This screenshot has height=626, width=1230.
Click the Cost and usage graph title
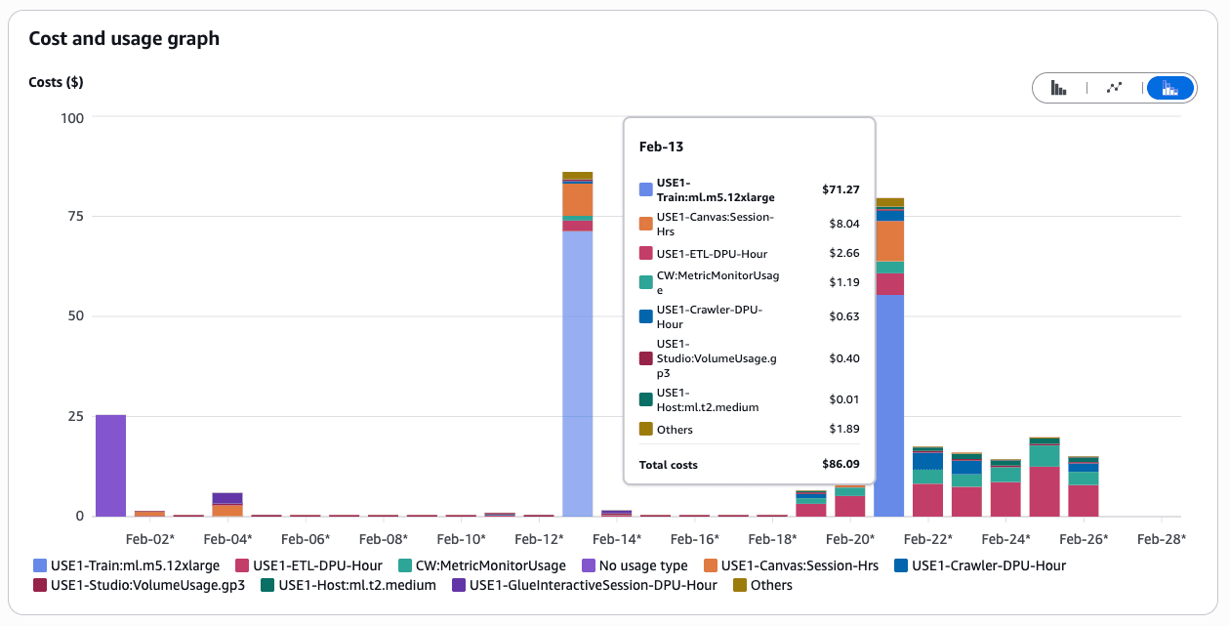pyautogui.click(x=124, y=39)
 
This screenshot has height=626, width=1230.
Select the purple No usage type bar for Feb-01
pyautogui.click(x=110, y=465)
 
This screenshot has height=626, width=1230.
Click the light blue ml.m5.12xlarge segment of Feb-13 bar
pyautogui.click(x=578, y=371)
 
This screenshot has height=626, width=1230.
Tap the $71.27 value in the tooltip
pyautogui.click(x=840, y=189)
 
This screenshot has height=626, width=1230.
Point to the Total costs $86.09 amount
pyautogui.click(x=840, y=465)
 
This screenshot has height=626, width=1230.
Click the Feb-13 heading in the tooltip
pyautogui.click(x=661, y=146)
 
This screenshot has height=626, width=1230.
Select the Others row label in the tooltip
pyautogui.click(x=675, y=430)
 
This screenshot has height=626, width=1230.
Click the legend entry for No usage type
pyautogui.click(x=635, y=565)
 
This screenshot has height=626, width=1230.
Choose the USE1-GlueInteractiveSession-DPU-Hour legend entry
pyautogui.click(x=593, y=585)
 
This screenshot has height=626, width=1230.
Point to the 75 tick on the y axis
pyautogui.click(x=75, y=217)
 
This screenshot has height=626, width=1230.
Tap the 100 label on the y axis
pyautogui.click(x=73, y=117)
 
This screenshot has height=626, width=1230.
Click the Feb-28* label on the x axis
pyautogui.click(x=1162, y=538)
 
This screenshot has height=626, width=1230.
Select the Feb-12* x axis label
pyautogui.click(x=539, y=538)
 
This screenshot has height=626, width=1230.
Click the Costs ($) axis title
pyautogui.click(x=56, y=82)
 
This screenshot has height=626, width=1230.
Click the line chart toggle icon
pyautogui.click(x=1114, y=88)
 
